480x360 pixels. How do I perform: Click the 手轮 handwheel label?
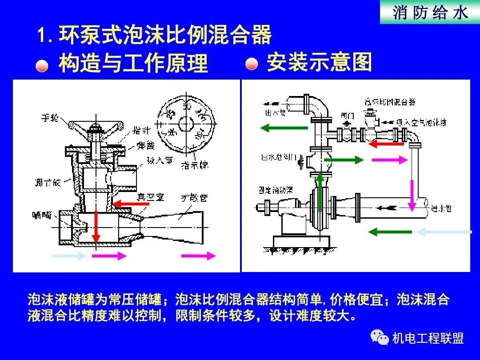pyautogui.click(x=50, y=118)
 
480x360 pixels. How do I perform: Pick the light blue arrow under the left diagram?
pyautogui.click(x=68, y=256)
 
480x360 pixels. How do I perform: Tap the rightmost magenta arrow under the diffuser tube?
pyautogui.click(x=198, y=256)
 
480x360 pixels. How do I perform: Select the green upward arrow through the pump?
pyautogui.click(x=320, y=192)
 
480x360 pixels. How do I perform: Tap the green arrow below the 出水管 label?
pyautogui.click(x=284, y=128)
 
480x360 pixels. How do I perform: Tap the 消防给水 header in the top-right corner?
pyautogui.click(x=430, y=12)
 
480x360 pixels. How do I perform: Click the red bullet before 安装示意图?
pyautogui.click(x=252, y=64)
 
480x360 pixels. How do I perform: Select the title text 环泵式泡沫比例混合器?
pyautogui.click(x=165, y=36)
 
